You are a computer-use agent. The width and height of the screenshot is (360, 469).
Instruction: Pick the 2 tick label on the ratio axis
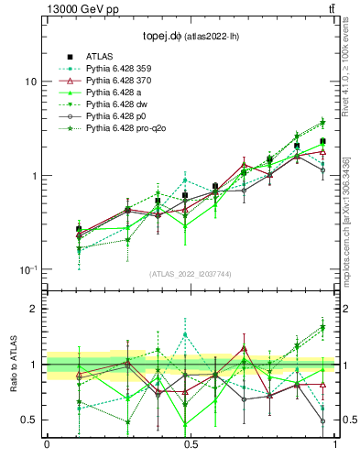[34, 309]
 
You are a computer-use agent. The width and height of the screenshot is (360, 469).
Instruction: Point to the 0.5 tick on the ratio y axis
[29, 420]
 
